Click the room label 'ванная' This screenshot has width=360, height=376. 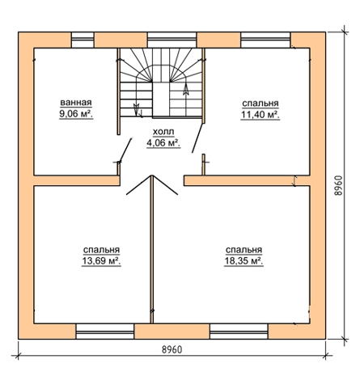(x=76, y=103)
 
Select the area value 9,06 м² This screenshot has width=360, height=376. (x=76, y=114)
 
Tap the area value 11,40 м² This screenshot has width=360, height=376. (x=260, y=115)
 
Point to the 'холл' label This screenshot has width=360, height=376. (x=163, y=132)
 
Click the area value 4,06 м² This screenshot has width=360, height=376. (x=163, y=143)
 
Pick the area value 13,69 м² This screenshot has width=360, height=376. (x=101, y=261)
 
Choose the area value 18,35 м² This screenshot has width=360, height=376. (x=244, y=261)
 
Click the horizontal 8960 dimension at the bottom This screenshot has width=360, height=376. (x=172, y=349)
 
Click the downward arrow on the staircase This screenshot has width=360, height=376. (x=137, y=108)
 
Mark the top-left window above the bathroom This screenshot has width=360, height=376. (x=83, y=40)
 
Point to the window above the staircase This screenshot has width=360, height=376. (x=172, y=40)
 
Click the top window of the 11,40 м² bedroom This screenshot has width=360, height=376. (x=265, y=40)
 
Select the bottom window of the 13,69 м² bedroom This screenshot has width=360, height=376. (x=105, y=332)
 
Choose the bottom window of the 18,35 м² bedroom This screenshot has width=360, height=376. (x=239, y=332)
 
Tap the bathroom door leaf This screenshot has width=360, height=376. (x=125, y=150)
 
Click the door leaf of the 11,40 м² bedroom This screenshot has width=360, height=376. (x=197, y=137)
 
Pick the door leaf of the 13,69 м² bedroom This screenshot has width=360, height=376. (x=138, y=185)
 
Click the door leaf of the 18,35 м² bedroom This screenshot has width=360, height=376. (x=165, y=185)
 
